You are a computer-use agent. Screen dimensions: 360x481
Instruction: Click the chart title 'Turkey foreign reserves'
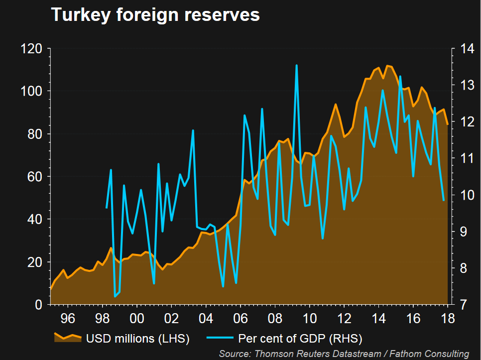[x=155, y=15]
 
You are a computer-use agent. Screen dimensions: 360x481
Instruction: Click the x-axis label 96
[x=68, y=318]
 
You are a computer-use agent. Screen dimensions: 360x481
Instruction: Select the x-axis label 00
[x=137, y=318]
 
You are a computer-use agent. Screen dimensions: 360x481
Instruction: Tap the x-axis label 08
[x=275, y=318]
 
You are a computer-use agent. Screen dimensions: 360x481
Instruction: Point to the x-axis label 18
[x=448, y=318]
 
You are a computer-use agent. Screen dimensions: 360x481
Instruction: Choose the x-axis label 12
[x=344, y=318]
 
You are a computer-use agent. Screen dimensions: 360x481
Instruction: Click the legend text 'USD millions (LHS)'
[x=138, y=339]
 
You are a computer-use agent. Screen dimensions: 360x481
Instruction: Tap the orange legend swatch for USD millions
[x=67, y=338]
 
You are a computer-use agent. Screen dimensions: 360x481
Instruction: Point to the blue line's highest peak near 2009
[x=296, y=65]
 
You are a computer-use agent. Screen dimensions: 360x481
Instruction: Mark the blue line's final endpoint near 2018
[x=443, y=200]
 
